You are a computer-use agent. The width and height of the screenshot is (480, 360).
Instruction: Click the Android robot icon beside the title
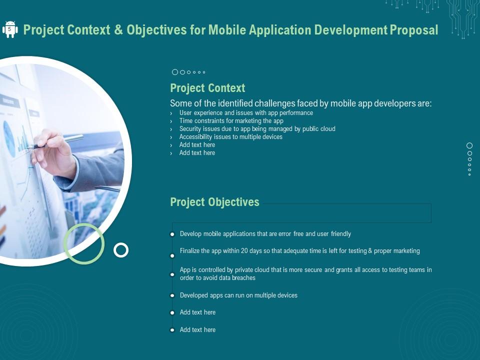click(x=10, y=29)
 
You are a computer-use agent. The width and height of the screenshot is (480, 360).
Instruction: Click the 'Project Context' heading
click(x=207, y=88)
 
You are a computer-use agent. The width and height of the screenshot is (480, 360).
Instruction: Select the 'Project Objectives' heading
click(x=214, y=202)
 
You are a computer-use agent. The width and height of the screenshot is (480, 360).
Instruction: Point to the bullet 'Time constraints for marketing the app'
click(x=231, y=121)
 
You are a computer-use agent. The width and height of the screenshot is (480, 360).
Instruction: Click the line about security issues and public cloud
click(x=257, y=129)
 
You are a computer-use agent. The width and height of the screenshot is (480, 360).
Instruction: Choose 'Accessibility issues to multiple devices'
click(x=230, y=137)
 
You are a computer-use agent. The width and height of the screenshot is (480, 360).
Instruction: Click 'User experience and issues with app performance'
click(x=246, y=113)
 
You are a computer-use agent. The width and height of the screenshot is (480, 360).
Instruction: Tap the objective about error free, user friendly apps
click(x=265, y=234)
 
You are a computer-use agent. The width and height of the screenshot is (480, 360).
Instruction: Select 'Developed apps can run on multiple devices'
click(x=238, y=295)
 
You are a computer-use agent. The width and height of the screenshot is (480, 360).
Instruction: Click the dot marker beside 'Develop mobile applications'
click(x=172, y=234)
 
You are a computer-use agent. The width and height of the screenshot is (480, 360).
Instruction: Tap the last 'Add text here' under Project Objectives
click(x=197, y=330)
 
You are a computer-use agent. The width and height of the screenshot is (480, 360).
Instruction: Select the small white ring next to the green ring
click(x=121, y=250)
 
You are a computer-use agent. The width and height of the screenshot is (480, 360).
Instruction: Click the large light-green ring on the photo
click(x=84, y=243)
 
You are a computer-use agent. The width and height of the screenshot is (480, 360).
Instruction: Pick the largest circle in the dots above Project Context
click(x=175, y=72)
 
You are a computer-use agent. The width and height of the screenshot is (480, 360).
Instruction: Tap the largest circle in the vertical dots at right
click(x=469, y=145)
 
